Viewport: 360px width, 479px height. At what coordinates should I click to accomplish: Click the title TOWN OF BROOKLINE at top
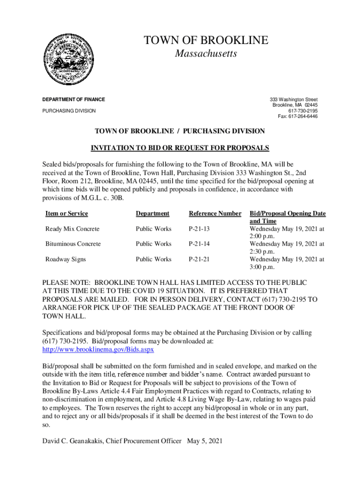pyautogui.click(x=206, y=41)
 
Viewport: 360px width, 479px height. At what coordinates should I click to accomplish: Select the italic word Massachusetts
pyautogui.click(x=206, y=54)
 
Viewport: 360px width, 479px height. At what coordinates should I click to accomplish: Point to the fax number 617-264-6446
pyautogui.click(x=298, y=116)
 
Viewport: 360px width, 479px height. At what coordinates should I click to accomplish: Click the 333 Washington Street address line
pyautogui.click(x=294, y=100)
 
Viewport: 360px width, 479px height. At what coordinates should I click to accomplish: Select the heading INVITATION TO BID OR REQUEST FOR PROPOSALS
pyautogui.click(x=180, y=148)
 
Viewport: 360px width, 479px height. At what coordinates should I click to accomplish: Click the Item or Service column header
pyautogui.click(x=66, y=214)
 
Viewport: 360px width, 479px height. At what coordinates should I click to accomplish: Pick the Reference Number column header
pyautogui.click(x=215, y=214)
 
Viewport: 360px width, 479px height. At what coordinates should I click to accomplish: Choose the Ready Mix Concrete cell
pyautogui.click(x=72, y=229)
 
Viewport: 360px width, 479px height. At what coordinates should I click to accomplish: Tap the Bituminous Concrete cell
pyautogui.click(x=73, y=244)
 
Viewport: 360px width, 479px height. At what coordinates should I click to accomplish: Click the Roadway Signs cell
pyautogui.click(x=65, y=259)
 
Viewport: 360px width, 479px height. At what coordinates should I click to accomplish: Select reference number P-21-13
pyautogui.click(x=199, y=229)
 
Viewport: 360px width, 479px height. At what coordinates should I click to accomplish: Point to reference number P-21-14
pyautogui.click(x=199, y=244)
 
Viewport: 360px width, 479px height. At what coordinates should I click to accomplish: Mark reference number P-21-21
pyautogui.click(x=199, y=259)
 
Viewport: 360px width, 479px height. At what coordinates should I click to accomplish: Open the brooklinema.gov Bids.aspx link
pyautogui.click(x=98, y=349)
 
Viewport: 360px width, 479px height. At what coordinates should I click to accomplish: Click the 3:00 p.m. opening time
pyautogui.click(x=262, y=267)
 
